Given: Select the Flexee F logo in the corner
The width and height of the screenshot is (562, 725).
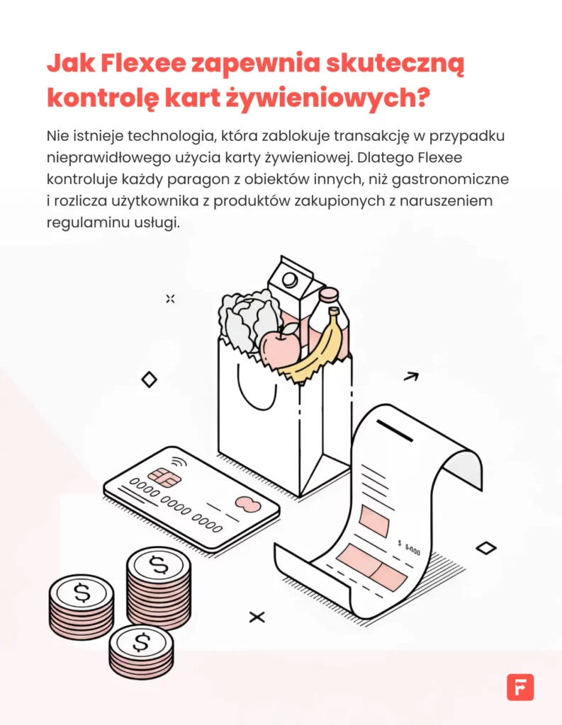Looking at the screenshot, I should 520,687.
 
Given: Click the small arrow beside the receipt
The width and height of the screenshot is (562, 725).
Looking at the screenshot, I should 410,377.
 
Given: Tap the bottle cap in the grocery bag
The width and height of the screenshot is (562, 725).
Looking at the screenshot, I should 329,293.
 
